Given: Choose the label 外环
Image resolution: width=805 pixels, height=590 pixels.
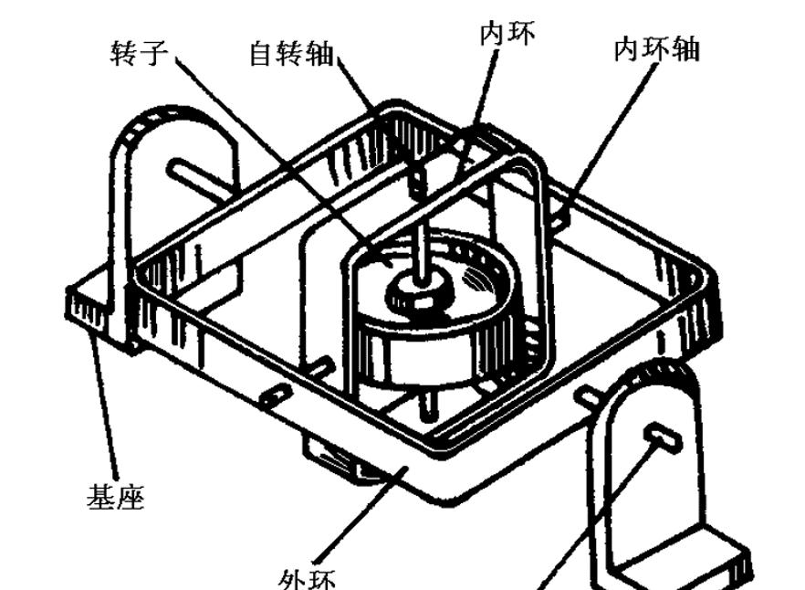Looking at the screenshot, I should tap(308, 578).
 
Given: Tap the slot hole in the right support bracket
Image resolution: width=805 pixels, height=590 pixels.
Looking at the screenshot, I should tap(664, 437).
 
